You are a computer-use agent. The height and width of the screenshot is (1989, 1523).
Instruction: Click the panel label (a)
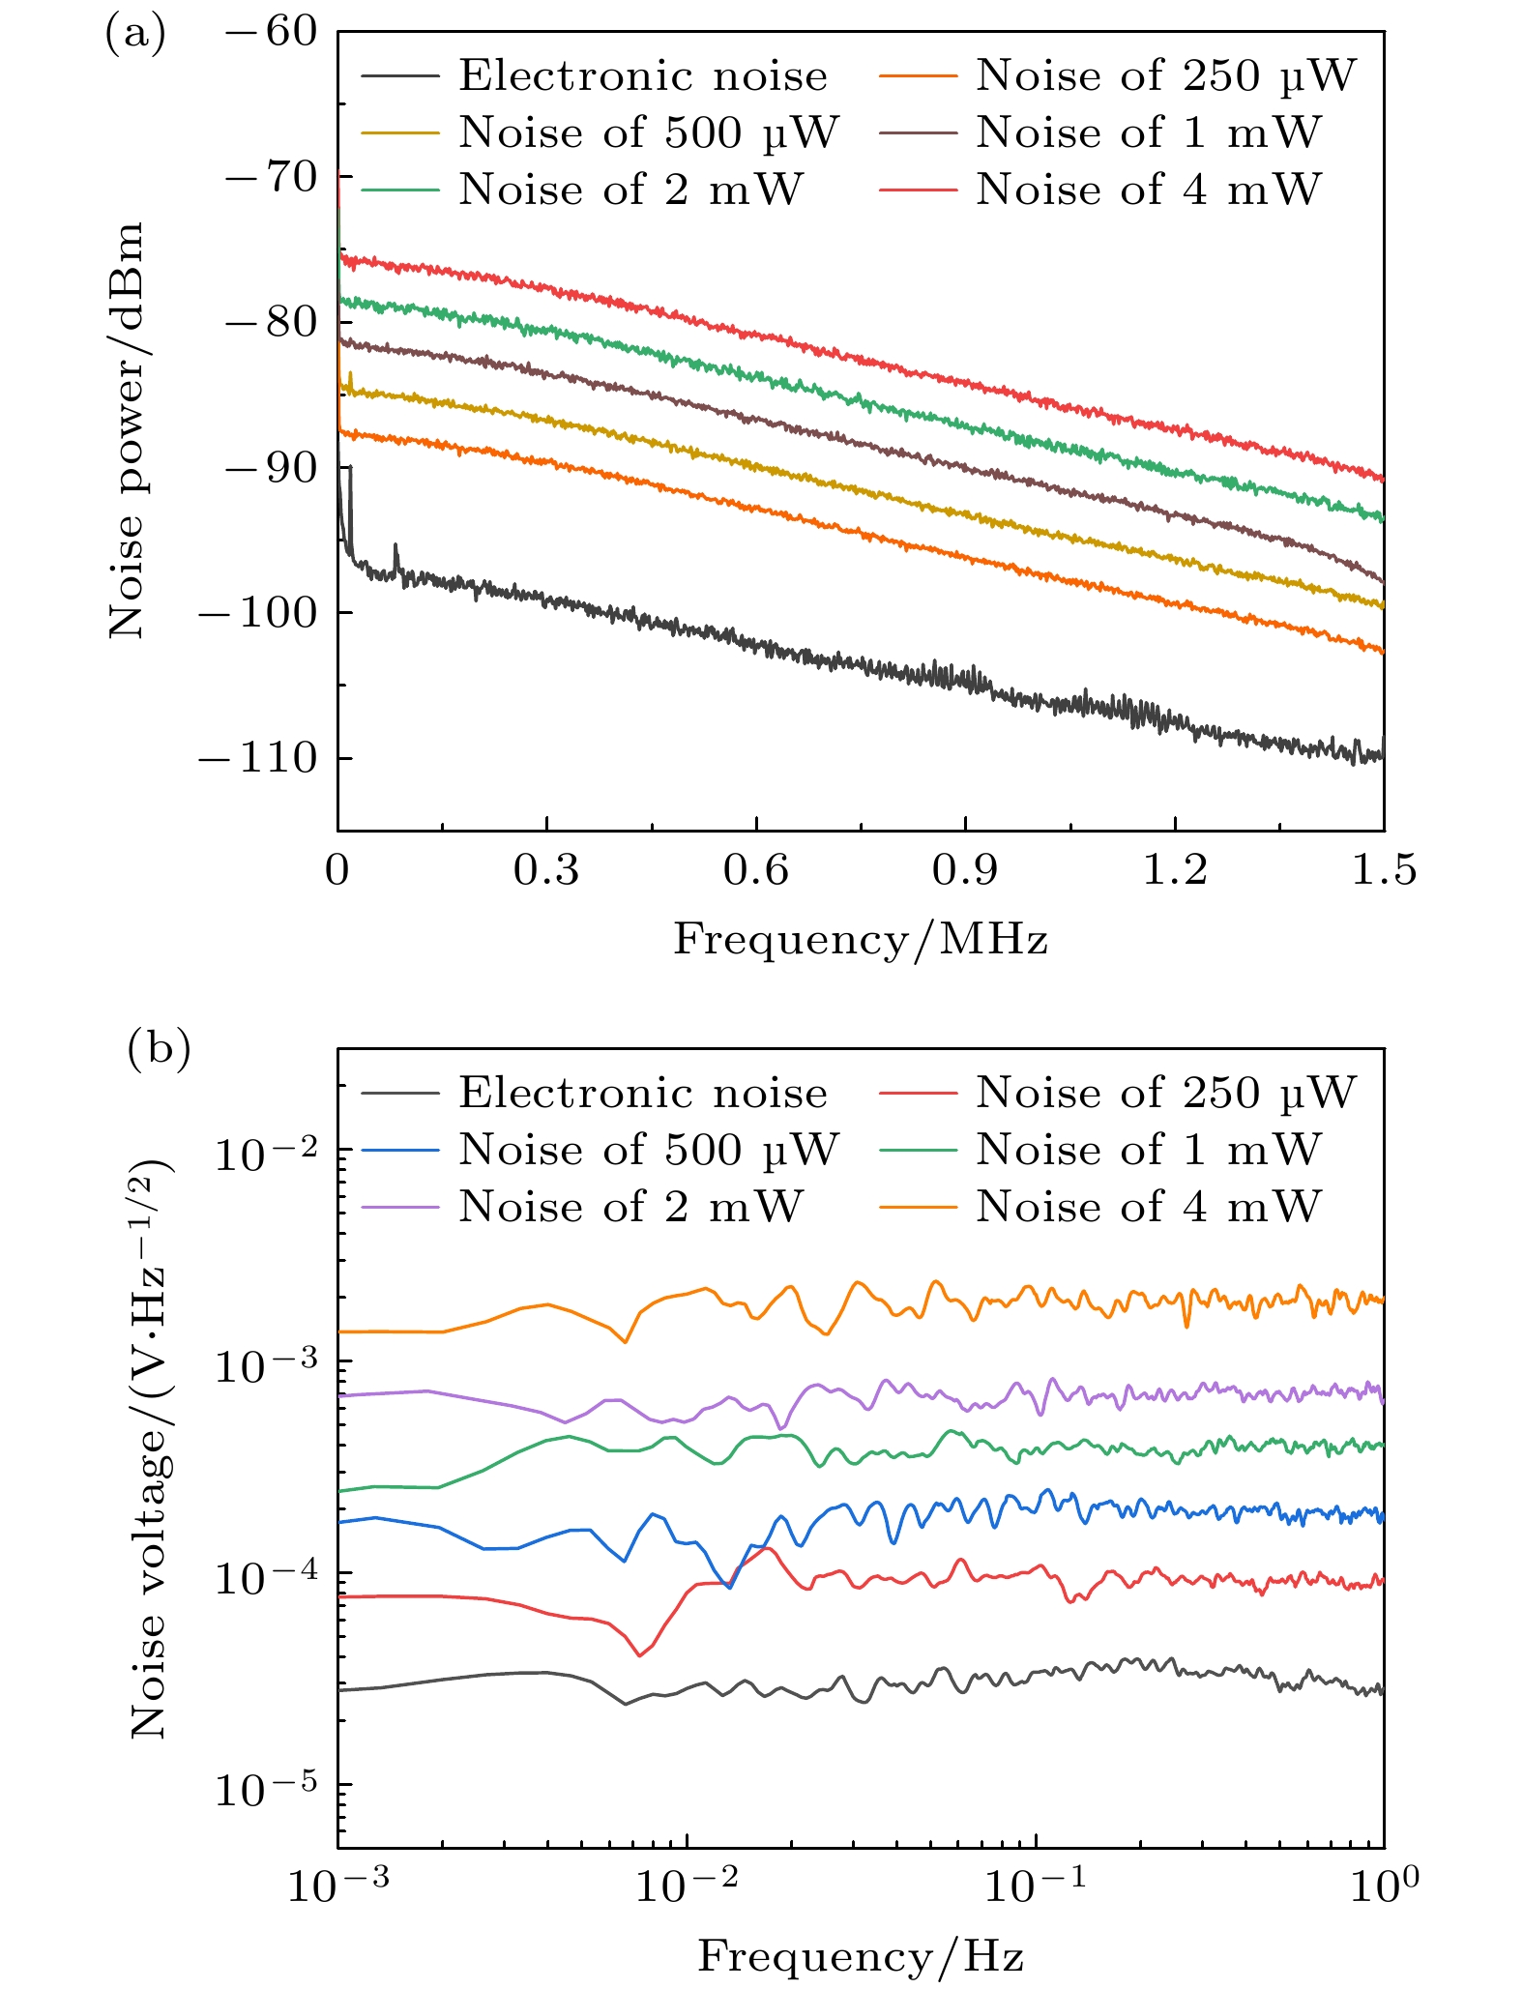[x=134, y=35]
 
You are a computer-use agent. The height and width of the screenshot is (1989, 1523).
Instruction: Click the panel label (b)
[x=159, y=1051]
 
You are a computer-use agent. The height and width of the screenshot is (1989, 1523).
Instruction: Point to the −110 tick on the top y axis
[x=258, y=758]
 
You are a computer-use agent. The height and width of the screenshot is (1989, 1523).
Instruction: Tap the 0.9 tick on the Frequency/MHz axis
[x=965, y=871]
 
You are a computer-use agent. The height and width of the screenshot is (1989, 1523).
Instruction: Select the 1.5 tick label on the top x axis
[x=1383, y=871]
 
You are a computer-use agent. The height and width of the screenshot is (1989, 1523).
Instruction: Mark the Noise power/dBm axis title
[x=127, y=430]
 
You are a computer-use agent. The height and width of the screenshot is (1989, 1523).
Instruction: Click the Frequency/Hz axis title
[x=861, y=1956]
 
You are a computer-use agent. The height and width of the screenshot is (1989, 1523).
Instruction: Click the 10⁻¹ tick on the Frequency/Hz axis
[x=1035, y=1887]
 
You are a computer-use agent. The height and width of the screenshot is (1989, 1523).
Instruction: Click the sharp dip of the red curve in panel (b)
[x=639, y=1655]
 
